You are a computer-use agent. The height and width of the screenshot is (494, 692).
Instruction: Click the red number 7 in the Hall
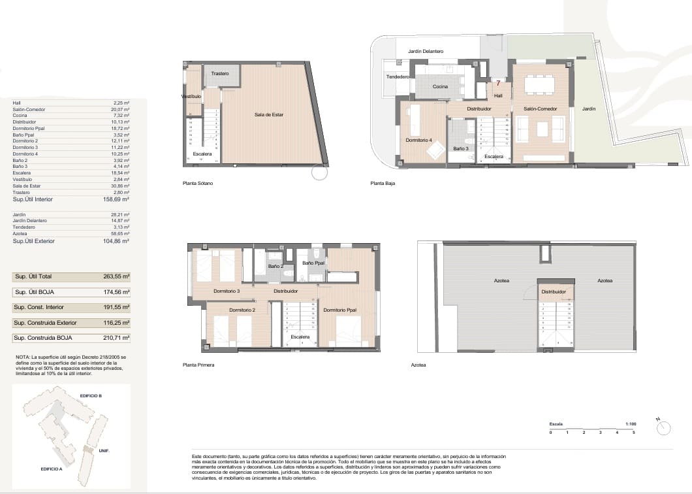click(x=498, y=83)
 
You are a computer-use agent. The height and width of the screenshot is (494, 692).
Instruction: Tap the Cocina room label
click(x=440, y=86)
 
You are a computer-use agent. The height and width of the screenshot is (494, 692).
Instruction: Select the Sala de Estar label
click(x=269, y=115)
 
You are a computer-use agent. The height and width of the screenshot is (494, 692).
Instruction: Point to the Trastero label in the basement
click(x=220, y=74)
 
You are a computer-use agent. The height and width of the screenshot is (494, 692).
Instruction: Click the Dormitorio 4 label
click(x=418, y=140)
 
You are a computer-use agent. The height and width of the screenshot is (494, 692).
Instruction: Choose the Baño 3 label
click(x=460, y=148)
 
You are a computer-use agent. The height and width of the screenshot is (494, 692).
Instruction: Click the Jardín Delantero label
click(x=426, y=51)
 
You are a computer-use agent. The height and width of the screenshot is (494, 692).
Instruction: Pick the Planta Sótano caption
click(x=198, y=184)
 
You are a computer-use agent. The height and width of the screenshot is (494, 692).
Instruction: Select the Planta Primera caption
click(x=198, y=365)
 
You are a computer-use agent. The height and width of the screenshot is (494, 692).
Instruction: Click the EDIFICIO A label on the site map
click(x=51, y=469)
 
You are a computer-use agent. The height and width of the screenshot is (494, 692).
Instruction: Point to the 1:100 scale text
click(x=630, y=424)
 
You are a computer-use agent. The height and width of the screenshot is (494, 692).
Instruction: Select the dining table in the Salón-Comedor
click(x=539, y=84)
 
